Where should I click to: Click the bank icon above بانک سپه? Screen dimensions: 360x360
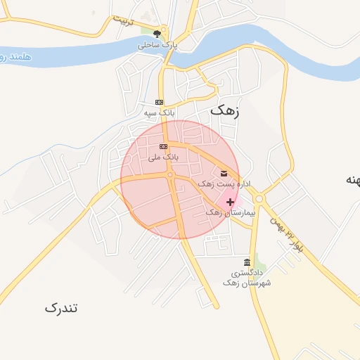159,102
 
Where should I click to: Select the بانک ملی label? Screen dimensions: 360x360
163,157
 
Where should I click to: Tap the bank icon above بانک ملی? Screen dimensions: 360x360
163,146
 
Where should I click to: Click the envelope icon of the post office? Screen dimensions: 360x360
224,174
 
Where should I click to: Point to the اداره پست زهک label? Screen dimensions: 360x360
225,184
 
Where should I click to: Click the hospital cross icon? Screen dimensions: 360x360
231,202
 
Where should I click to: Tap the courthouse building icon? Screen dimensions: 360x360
247,261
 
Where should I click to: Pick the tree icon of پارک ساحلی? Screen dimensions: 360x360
158,33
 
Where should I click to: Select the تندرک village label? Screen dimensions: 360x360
61,307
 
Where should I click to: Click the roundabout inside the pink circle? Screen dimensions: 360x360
171,176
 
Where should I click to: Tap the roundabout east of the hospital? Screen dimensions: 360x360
259,199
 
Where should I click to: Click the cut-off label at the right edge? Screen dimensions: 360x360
352,180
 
